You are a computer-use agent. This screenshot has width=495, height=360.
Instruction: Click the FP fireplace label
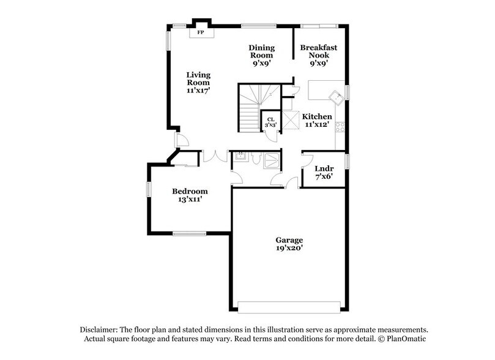[200, 32]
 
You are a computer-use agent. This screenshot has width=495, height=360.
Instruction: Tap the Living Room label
[198, 82]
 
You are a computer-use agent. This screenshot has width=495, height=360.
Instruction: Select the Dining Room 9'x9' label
[261, 55]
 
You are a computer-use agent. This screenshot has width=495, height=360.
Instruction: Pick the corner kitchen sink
[335, 97]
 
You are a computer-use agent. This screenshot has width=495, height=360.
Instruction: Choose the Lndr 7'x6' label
[323, 173]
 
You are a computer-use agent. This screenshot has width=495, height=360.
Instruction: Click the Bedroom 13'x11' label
[189, 195]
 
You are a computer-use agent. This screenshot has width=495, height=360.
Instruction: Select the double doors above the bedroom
[214, 156]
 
